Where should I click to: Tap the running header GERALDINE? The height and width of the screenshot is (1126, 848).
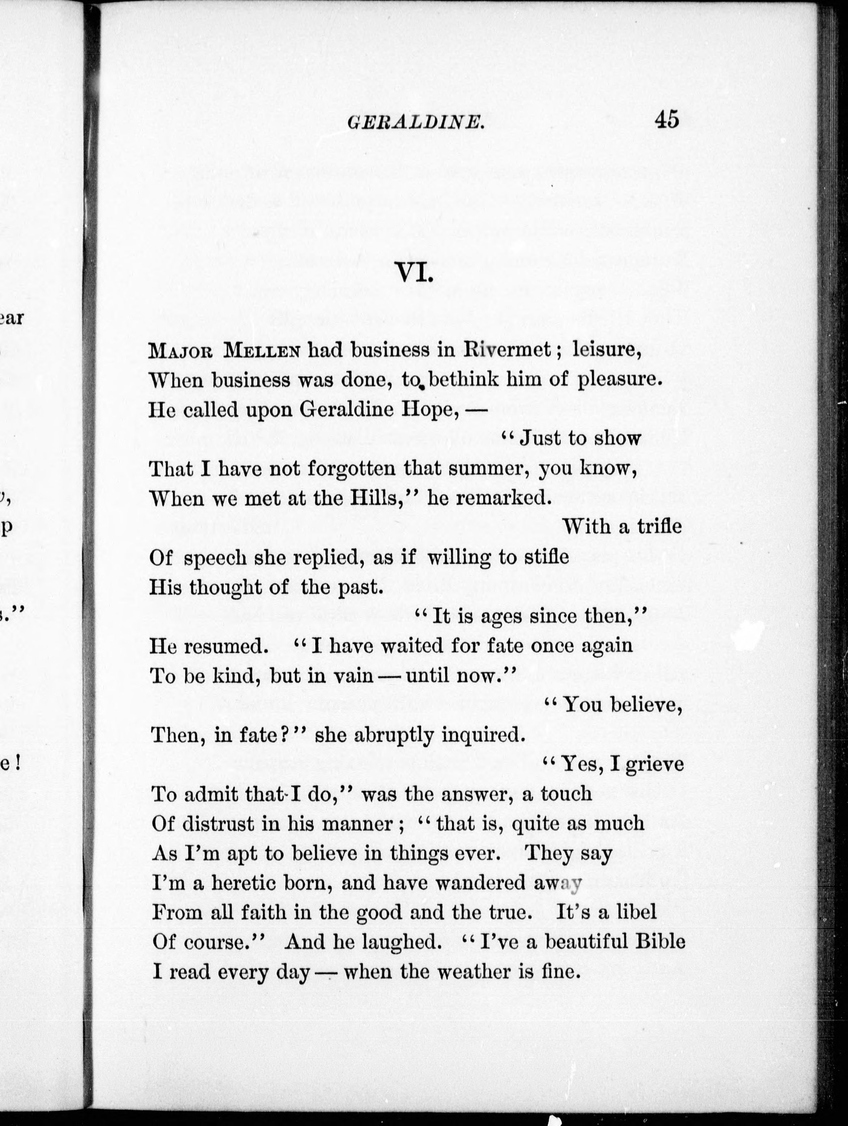415,122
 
